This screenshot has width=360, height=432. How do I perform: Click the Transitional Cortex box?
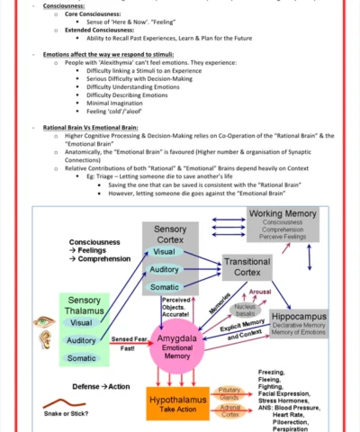click(246, 266)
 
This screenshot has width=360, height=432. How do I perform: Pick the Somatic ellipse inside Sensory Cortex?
click(164, 287)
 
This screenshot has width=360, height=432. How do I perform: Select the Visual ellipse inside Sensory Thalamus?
click(81, 322)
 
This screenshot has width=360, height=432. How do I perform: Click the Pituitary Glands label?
click(229, 392)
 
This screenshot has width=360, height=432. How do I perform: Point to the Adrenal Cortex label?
click(229, 410)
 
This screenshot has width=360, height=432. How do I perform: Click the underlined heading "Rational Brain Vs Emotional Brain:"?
click(93, 128)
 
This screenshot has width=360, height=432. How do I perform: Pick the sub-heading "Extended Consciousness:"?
click(98, 30)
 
